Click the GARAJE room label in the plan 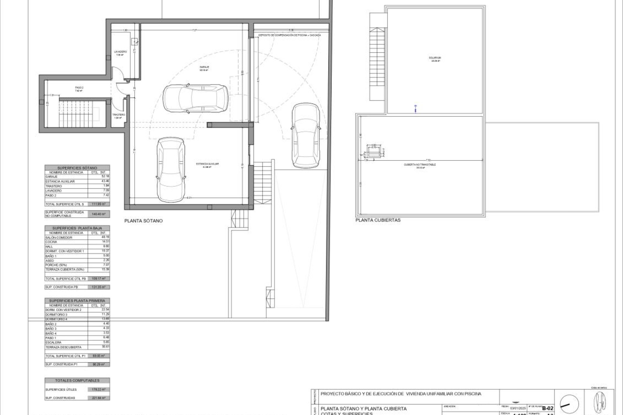[x=204, y=67]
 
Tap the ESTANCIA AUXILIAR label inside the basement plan [x=207, y=164]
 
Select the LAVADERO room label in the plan [x=120, y=52]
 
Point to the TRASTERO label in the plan [x=118, y=115]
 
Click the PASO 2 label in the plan [x=79, y=88]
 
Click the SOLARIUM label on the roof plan [x=435, y=58]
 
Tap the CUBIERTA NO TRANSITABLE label [x=420, y=165]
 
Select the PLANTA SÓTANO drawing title [x=143, y=221]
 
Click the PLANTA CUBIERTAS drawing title [x=378, y=220]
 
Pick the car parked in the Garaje [x=195, y=99]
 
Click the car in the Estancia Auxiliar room [x=171, y=169]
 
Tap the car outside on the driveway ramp [x=305, y=135]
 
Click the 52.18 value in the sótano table [x=105, y=176]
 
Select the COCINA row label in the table [x=51, y=242]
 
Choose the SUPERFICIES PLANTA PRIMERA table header [x=77, y=301]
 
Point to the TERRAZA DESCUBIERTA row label [x=64, y=347]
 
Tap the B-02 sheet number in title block [x=548, y=408]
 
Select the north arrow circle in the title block [x=569, y=404]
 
